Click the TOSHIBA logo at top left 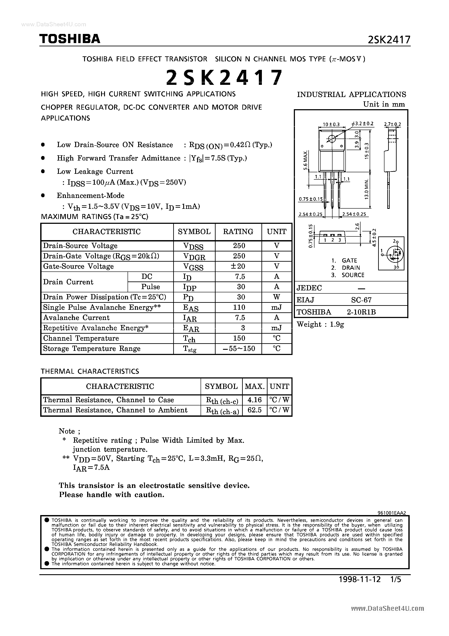click(x=70, y=39)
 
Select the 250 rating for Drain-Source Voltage click(x=239, y=246)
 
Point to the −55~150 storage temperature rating click(x=239, y=348)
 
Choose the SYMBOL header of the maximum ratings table click(x=194, y=232)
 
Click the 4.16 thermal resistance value click(x=254, y=400)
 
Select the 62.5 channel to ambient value click(x=254, y=410)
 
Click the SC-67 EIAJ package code click(x=361, y=300)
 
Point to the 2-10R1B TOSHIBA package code click(x=361, y=312)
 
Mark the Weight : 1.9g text click(x=320, y=324)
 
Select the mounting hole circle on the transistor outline click(x=332, y=139)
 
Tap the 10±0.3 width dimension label click(x=331, y=124)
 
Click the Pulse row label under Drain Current click(x=150, y=287)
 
